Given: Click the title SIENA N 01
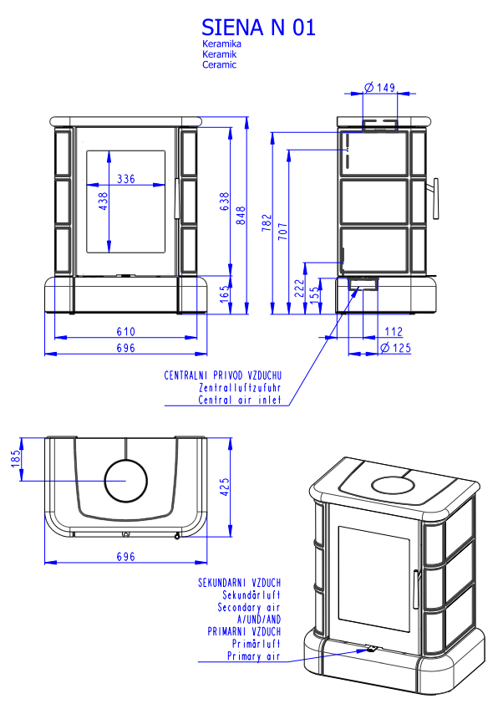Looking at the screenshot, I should (258, 28).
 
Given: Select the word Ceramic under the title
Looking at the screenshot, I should (220, 64).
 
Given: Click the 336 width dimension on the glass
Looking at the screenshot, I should (126, 178).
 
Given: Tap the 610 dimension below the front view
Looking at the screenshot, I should (125, 332).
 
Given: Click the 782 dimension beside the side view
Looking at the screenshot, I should (267, 222).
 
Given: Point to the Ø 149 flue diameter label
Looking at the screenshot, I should (380, 86).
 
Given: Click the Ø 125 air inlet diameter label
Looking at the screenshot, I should (396, 348).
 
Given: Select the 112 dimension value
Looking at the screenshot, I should (394, 332).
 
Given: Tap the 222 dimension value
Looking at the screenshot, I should (299, 288).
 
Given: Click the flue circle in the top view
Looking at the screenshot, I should (126, 482).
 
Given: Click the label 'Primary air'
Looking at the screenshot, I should (254, 657).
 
